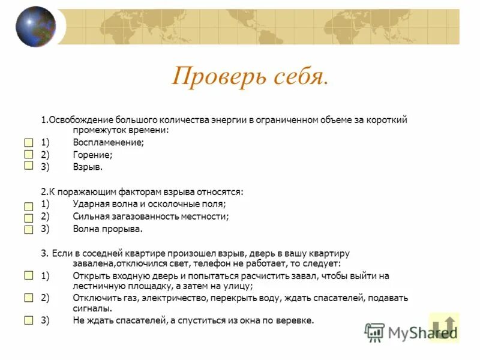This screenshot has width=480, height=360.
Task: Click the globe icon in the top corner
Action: coord(35,26)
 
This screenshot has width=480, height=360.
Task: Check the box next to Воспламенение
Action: coord(29,143)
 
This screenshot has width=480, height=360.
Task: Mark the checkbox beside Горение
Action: coord(29,155)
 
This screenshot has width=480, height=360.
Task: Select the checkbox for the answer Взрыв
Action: coord(29,166)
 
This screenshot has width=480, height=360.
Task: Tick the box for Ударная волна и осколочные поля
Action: coord(29,206)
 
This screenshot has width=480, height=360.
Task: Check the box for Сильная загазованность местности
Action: coord(29,217)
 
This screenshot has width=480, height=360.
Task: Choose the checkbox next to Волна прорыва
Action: coord(29,229)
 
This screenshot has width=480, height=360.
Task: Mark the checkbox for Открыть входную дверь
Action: coord(29,275)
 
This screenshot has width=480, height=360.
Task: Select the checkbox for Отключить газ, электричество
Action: coord(29,298)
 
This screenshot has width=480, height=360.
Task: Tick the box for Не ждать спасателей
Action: coord(29,320)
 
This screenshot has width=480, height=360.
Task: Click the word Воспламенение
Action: coord(109,143)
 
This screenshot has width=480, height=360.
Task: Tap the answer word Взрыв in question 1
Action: coord(88,166)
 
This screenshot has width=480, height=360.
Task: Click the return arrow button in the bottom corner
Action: coord(445,327)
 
